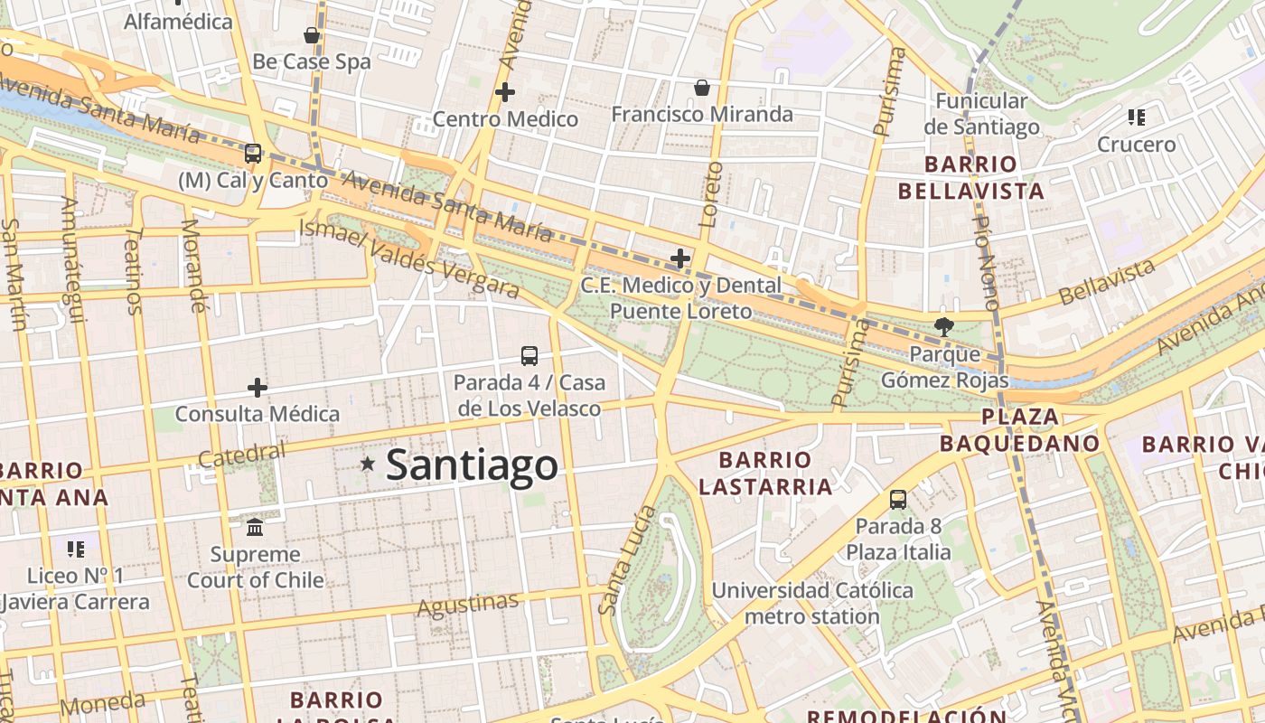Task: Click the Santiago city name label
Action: [x=472, y=465]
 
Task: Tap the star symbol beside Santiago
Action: [x=368, y=465]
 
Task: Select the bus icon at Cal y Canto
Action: [x=253, y=154]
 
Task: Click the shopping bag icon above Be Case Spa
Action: [x=312, y=35]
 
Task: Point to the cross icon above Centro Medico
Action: [x=505, y=91]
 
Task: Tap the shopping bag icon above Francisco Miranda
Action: [x=701, y=88]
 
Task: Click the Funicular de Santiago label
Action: [x=981, y=114]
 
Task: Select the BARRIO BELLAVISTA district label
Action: [x=970, y=178]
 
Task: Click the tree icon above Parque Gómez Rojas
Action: [x=944, y=327]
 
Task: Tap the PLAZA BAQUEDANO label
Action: [x=1020, y=430]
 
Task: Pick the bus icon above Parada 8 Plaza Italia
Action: [x=898, y=500]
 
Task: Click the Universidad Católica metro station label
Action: [x=811, y=604]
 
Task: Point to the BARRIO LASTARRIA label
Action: [x=765, y=474]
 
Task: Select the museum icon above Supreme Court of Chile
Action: [x=255, y=527]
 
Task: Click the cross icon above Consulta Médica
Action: [x=258, y=388]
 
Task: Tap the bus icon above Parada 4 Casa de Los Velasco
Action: [x=529, y=356]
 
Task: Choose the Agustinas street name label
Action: [x=468, y=604]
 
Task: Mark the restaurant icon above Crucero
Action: [x=1137, y=117]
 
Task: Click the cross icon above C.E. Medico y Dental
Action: [x=680, y=258]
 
